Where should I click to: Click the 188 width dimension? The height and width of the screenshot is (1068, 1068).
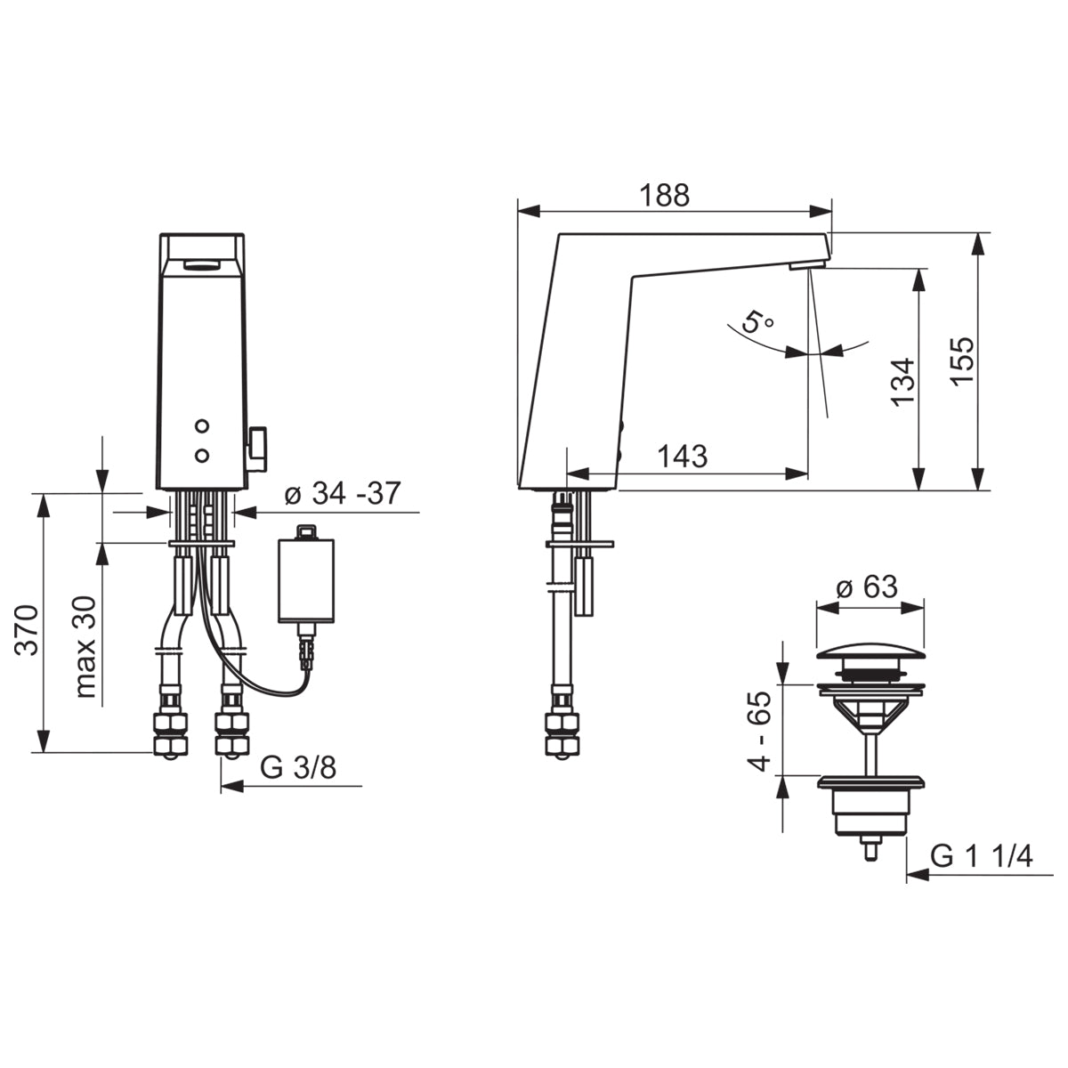pos(665,195)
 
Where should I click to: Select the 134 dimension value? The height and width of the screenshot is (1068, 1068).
pos(902,381)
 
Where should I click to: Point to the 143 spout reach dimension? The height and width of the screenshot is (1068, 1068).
pos(683,457)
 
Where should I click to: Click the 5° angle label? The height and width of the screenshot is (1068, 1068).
pos(757,322)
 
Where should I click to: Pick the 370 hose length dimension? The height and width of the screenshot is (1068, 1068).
pos(27,631)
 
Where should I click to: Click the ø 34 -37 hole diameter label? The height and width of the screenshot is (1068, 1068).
pos(343,493)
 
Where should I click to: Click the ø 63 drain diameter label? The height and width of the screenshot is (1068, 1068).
pos(868,587)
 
